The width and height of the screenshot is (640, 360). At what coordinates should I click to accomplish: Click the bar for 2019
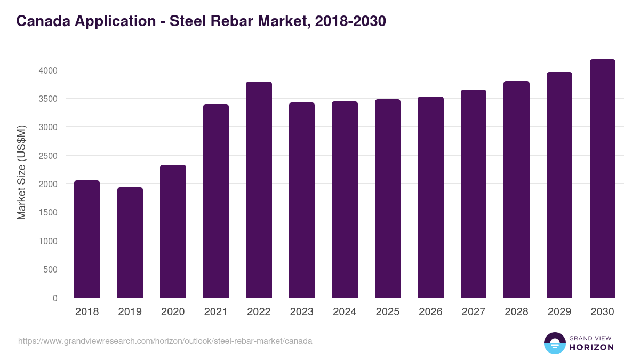coord(130,243)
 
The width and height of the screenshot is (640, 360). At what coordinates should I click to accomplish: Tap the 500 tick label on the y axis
coord(50,270)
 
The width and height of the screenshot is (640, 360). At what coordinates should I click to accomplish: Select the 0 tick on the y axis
coord(55,298)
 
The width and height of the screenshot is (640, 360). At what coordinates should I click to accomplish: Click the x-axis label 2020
coord(173,312)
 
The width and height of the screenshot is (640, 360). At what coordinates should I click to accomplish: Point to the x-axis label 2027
coord(474,312)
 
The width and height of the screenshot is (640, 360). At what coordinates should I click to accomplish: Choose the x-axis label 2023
coord(302,312)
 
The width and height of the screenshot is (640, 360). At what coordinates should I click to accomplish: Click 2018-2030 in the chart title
coord(350,21)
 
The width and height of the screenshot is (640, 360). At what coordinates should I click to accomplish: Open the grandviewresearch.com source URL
coord(165,341)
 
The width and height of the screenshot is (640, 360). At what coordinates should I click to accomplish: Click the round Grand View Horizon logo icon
coord(554,343)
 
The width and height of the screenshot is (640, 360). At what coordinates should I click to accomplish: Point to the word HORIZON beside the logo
coord(591,347)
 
